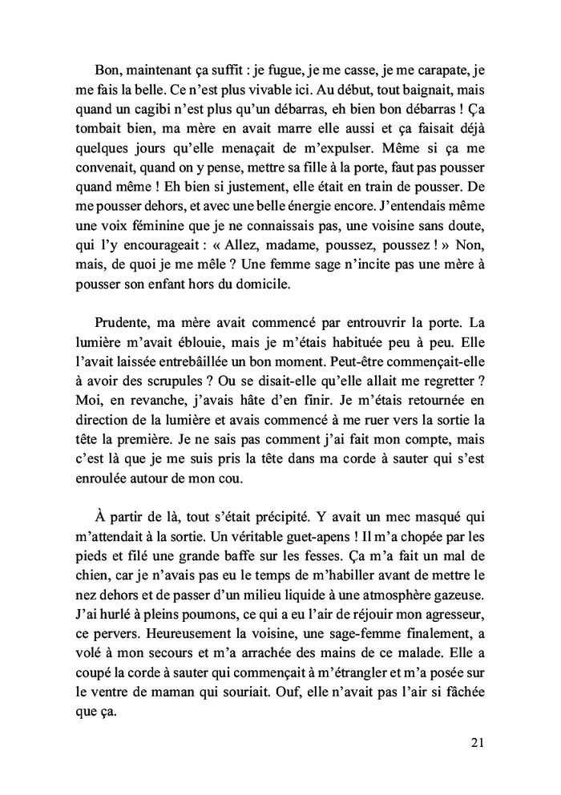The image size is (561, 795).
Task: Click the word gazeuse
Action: click(453, 596)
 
